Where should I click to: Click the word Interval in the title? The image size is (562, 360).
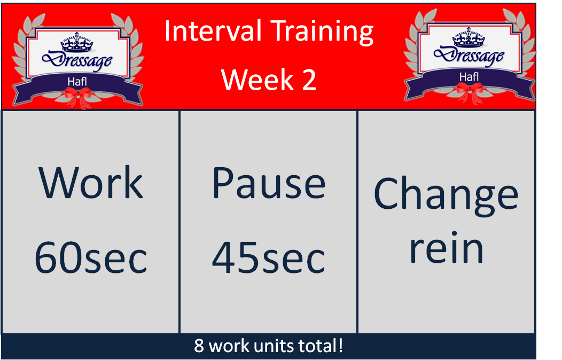click(201, 32)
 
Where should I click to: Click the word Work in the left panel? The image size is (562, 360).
click(91, 183)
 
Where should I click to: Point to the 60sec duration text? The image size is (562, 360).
click(91, 259)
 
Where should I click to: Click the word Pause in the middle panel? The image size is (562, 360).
click(269, 183)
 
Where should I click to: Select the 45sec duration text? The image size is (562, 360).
click(269, 259)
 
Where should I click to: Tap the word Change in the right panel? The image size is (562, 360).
click(446, 193)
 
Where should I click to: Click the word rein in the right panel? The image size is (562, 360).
click(446, 248)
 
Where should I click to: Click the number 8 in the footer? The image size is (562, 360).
click(199, 346)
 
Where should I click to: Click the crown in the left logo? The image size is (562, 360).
click(77, 42)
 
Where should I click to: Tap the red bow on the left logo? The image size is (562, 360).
click(78, 95)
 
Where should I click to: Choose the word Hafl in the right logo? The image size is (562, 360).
click(469, 76)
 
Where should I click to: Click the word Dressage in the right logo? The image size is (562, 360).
click(469, 56)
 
